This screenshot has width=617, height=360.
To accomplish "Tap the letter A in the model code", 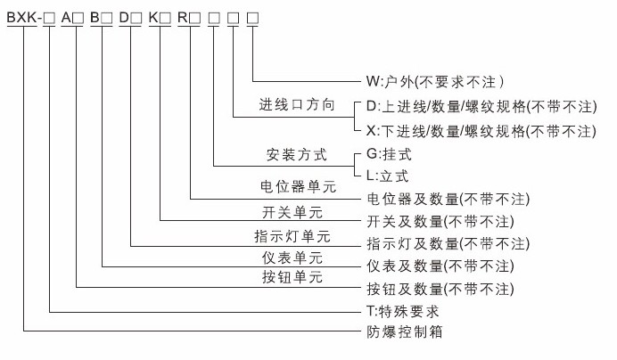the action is click(x=66, y=18).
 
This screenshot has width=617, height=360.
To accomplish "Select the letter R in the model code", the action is click(x=183, y=18).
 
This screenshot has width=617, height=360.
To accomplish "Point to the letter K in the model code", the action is click(x=153, y=18).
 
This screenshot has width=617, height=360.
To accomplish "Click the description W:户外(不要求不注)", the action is click(x=435, y=82).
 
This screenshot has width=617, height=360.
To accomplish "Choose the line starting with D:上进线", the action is click(x=481, y=107).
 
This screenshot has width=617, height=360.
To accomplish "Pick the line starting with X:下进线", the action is click(x=481, y=131).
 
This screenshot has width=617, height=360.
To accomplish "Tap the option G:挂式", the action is click(x=389, y=154).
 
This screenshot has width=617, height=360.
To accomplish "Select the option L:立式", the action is click(x=387, y=176).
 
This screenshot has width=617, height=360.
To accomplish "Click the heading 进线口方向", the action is click(x=297, y=104).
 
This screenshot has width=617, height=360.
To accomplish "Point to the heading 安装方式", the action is click(x=297, y=154).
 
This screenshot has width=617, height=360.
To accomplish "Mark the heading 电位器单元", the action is click(x=298, y=186).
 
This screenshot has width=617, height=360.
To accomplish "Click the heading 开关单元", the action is click(x=292, y=212).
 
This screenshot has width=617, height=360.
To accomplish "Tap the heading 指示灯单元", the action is click(x=292, y=236).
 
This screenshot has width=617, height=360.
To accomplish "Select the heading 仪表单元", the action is click(x=292, y=258).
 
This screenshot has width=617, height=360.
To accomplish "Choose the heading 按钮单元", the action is click(x=292, y=277).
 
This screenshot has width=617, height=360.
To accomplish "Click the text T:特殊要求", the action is click(x=402, y=312).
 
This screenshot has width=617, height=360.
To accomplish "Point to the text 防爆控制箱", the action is click(x=405, y=331).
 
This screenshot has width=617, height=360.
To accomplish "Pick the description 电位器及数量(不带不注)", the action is click(x=448, y=199).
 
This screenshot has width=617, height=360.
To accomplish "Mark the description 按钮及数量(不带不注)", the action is click(x=440, y=290).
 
